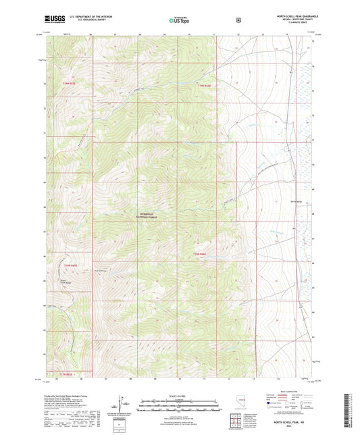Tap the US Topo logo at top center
pyautogui.click(x=179, y=21)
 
